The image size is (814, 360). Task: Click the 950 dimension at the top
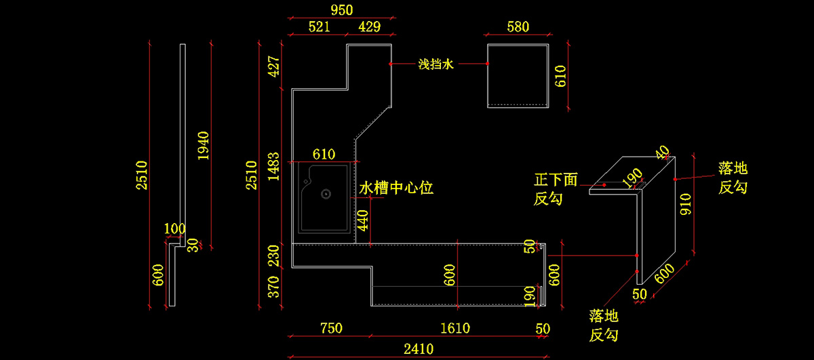tap(342, 9)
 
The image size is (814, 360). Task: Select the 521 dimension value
tap(319, 26)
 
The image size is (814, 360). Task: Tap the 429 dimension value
tap(369, 26)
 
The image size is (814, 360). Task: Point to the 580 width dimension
tap(518, 26)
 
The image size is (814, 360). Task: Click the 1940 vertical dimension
tap(203, 146)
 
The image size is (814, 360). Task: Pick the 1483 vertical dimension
tap(273, 166)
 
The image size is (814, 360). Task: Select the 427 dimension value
tap(273, 66)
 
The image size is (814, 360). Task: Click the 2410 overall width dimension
tap(419, 349)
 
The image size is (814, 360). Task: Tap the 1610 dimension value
tap(455, 328)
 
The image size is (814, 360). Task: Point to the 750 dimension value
tap(331, 328)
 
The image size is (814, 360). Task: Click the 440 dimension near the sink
tap(363, 220)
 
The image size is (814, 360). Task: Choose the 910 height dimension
tap(686, 204)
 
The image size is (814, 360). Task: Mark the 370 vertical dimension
tap(273, 287)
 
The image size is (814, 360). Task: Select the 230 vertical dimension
tap(273, 256)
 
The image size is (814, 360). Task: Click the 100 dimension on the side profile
tap(174, 228)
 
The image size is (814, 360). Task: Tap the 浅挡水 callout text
tap(435, 64)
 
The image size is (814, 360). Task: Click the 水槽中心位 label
tap(396, 188)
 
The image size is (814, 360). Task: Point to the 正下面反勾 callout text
tap(556, 189)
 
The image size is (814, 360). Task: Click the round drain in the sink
tap(326, 194)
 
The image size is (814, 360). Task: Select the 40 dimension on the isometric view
tap(663, 152)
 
